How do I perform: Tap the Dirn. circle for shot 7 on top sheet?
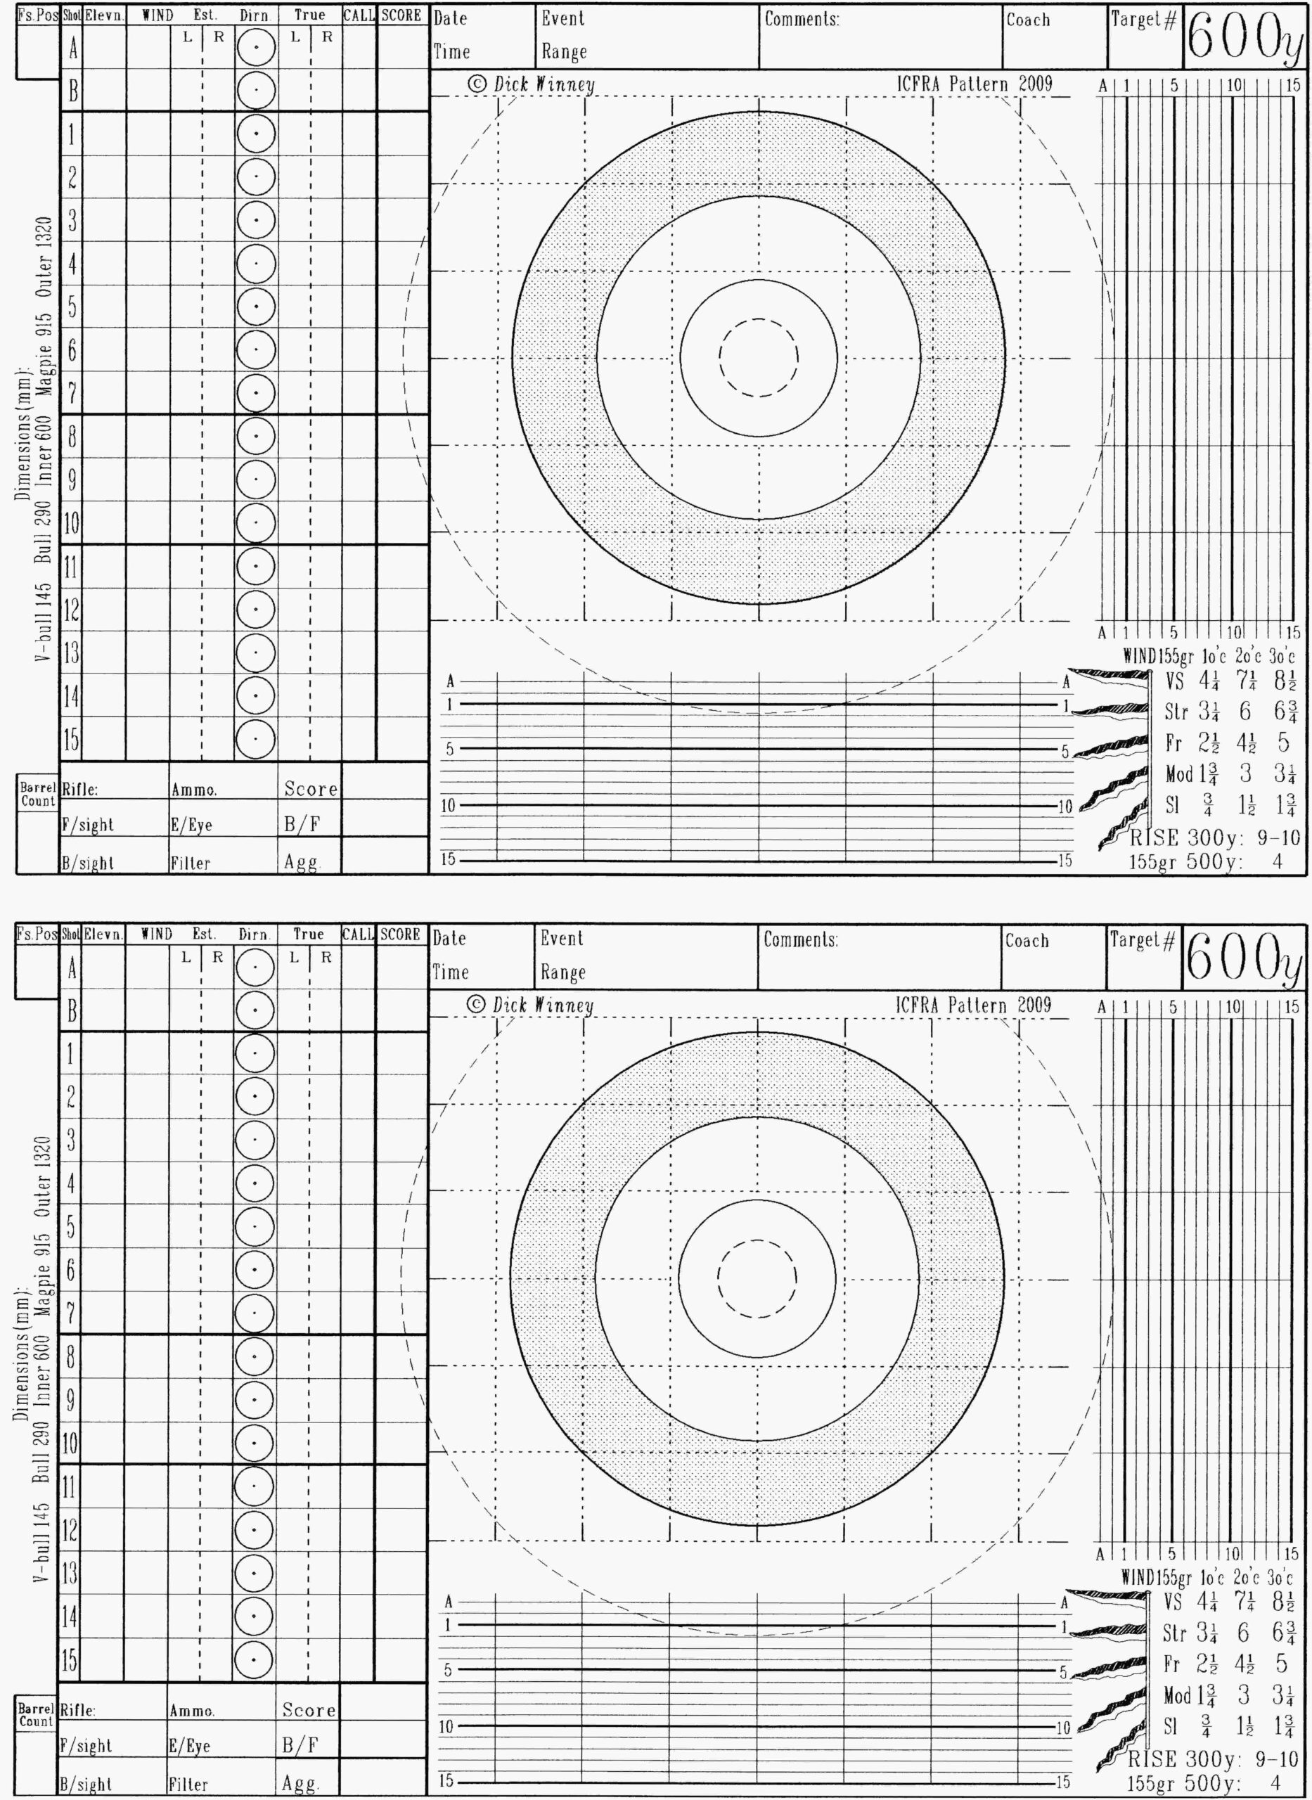256,393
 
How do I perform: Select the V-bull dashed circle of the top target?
759,357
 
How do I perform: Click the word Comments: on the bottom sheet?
801,940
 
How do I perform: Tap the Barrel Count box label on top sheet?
37,794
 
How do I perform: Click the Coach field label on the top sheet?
1028,20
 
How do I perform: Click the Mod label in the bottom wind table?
1177,1695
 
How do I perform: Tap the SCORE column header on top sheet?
401,15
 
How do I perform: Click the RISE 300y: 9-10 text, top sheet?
1214,837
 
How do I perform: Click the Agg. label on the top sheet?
301,862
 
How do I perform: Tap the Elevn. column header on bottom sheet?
103,934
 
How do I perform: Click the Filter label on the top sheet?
190,862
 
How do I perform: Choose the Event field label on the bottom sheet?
562,938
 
